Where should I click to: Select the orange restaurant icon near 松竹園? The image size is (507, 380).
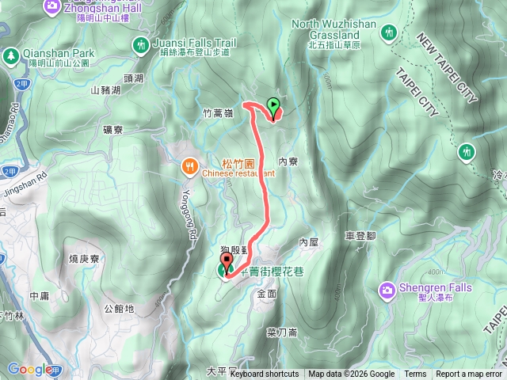(189, 166)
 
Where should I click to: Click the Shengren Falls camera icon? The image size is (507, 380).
(389, 291)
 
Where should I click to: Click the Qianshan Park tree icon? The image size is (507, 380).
(10, 56)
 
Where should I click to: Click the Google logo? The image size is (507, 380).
(30, 369)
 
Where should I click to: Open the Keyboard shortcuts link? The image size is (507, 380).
(265, 374)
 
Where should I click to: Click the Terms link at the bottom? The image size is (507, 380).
(415, 374)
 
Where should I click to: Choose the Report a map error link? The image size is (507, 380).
(469, 374)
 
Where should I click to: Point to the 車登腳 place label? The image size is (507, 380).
(360, 235)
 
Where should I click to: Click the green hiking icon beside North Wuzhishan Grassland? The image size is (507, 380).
(388, 32)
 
